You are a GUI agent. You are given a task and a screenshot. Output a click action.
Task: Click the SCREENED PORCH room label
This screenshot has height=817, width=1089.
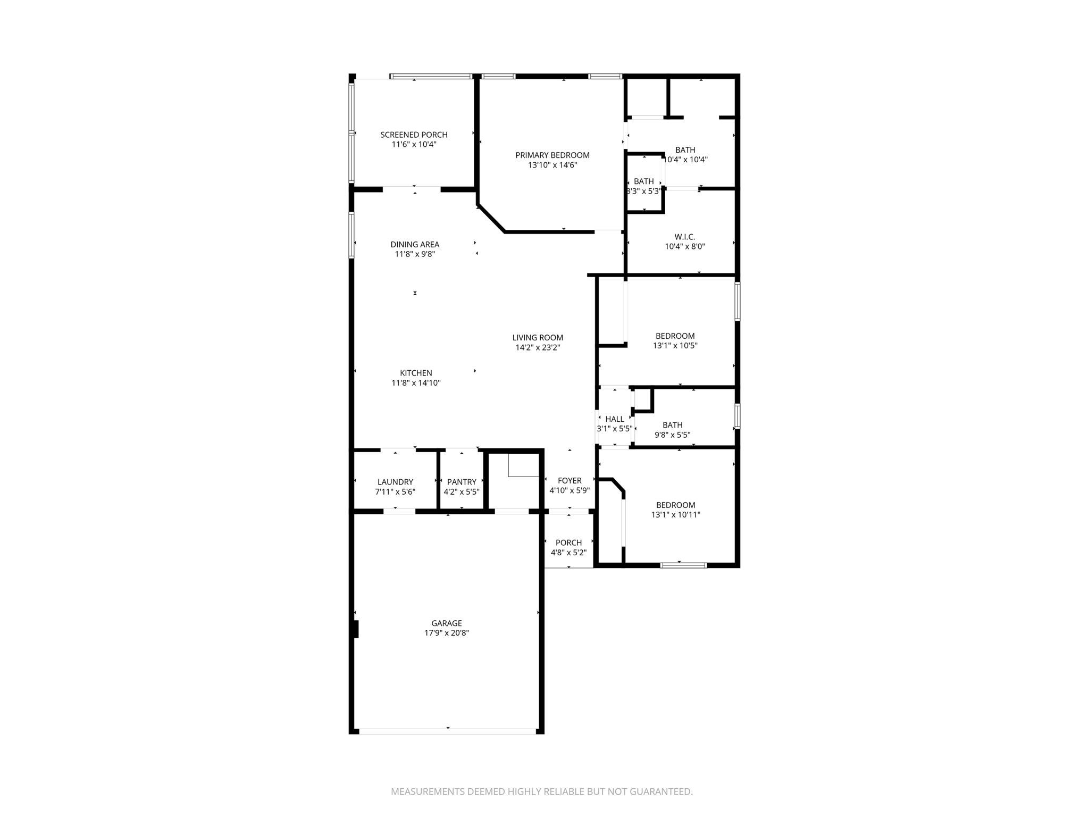414,135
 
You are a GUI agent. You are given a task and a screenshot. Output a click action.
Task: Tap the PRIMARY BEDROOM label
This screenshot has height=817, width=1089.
552,155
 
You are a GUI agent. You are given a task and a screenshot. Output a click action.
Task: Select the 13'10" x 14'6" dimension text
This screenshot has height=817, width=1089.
552,165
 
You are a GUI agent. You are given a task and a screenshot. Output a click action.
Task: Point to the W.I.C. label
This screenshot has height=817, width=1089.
684,237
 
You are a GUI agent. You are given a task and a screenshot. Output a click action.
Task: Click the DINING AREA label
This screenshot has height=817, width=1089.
415,245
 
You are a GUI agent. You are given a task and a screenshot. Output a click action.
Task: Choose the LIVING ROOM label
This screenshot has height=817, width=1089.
538,338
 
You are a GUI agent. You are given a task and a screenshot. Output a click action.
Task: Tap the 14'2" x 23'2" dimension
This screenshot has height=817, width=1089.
538,348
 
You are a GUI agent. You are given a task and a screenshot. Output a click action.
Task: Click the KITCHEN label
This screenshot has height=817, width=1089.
416,373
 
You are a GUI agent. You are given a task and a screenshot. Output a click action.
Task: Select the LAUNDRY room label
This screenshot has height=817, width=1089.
395,482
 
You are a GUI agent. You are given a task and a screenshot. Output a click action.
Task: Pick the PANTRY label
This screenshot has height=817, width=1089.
462,482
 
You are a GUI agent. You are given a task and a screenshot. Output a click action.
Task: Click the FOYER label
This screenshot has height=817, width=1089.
569,481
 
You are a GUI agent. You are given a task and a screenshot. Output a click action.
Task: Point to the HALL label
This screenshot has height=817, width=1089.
615,419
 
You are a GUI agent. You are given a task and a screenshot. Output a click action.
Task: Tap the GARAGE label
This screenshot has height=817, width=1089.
447,623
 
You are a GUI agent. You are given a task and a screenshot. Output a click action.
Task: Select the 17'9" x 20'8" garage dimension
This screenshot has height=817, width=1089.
447,633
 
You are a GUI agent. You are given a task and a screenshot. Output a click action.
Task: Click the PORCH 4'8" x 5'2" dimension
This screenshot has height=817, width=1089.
568,553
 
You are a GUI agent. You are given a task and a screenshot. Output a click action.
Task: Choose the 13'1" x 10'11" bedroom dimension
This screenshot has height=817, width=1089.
675,515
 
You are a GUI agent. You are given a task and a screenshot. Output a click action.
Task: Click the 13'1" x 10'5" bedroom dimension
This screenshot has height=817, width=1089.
675,346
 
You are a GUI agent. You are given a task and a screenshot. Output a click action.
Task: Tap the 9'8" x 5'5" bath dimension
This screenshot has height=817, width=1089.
672,435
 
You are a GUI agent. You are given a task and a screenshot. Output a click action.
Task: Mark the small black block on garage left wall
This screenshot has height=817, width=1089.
355,629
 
